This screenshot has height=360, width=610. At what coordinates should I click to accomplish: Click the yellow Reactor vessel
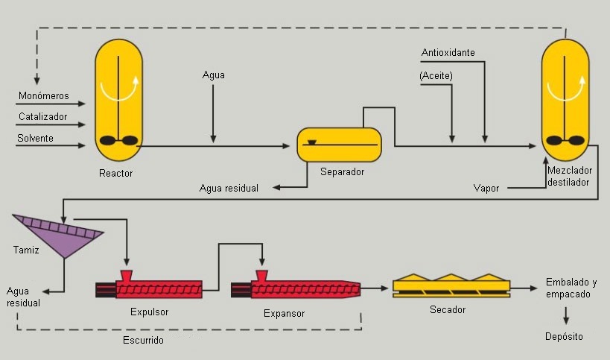(x=118, y=100)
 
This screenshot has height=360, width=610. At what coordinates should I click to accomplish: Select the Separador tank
(x=339, y=145)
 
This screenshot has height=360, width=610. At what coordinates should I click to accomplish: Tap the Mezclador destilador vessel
(x=565, y=100)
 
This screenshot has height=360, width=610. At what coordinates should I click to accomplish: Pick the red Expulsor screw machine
(x=149, y=285)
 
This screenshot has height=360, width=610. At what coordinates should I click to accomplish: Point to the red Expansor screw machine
(x=296, y=285)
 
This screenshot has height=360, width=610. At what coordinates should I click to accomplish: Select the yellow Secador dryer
(x=451, y=285)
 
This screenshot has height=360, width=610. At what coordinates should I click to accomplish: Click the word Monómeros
(x=43, y=95)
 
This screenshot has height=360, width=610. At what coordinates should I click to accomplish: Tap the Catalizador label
(x=42, y=116)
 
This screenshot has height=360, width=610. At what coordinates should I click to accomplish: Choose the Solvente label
(x=36, y=138)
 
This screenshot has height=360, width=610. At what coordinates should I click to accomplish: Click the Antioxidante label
(x=448, y=52)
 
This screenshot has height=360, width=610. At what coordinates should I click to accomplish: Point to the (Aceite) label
(x=436, y=75)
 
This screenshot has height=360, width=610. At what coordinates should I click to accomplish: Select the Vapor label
(x=486, y=189)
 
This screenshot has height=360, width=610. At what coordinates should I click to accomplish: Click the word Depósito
(x=564, y=337)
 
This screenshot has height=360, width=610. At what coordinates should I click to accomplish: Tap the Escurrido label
(x=143, y=340)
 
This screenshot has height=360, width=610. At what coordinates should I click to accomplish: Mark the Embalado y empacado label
(x=571, y=288)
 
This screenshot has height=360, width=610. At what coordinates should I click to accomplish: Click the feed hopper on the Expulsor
(x=127, y=275)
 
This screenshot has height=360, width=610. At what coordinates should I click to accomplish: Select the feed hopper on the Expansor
(x=262, y=275)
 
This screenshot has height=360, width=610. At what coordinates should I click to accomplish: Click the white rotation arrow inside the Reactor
(x=119, y=89)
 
